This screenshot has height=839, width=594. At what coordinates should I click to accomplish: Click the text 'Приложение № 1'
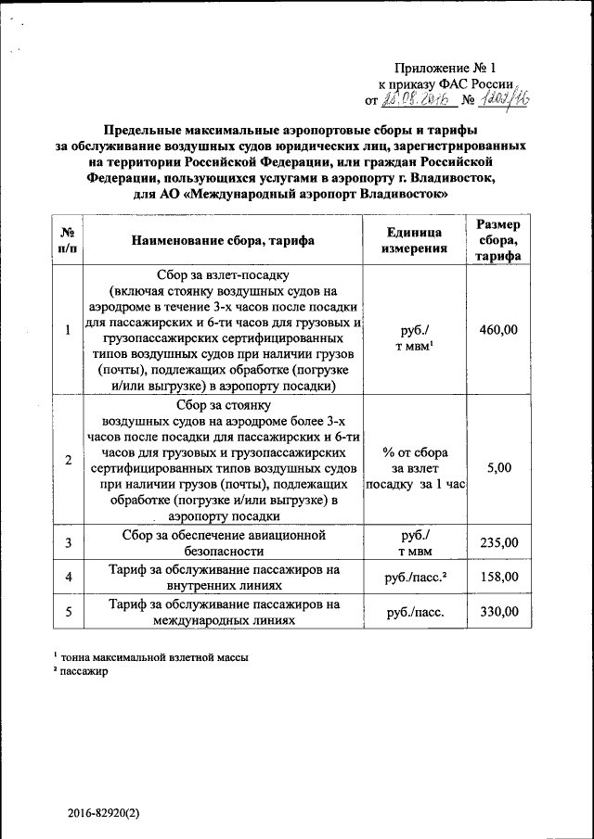pyautogui.click(x=445, y=68)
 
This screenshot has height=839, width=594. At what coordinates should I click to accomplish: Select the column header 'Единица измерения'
pyautogui.click(x=415, y=240)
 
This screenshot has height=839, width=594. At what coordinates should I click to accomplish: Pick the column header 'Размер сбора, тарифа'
pyautogui.click(x=498, y=240)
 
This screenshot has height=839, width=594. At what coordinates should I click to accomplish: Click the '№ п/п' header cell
pyautogui.click(x=68, y=240)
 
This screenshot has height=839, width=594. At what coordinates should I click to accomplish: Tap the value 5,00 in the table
pyautogui.click(x=498, y=467)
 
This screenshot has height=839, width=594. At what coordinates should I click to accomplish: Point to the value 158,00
pyautogui.click(x=498, y=578)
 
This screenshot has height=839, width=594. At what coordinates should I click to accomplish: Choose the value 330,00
pyautogui.click(x=498, y=611)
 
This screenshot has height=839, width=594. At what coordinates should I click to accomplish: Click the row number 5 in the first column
pyautogui.click(x=68, y=611)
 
